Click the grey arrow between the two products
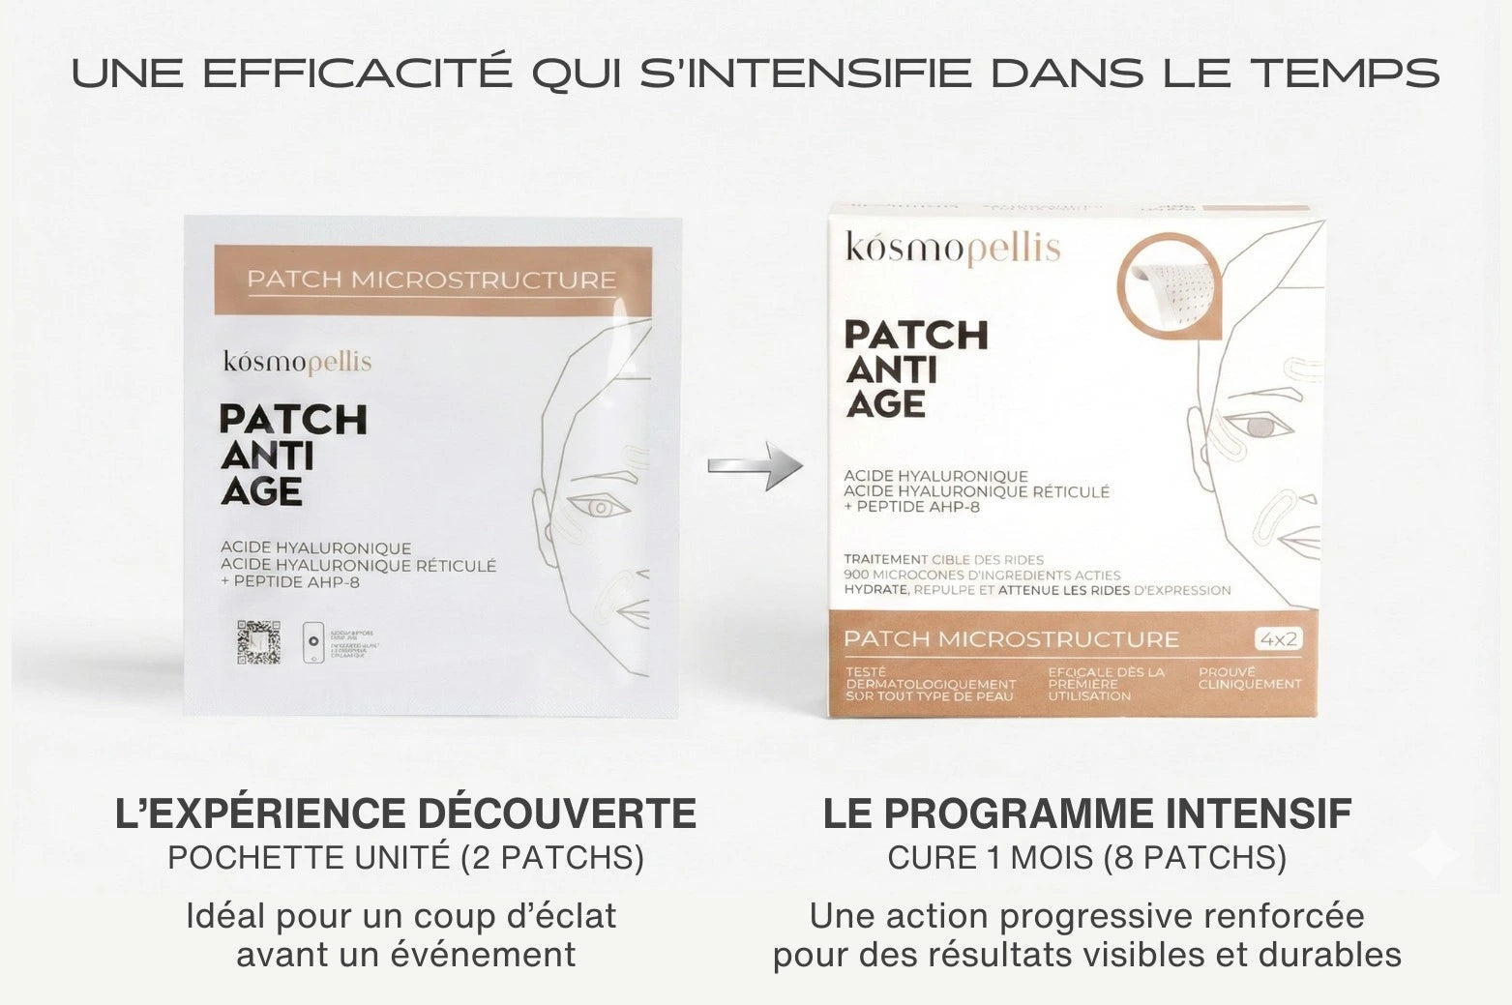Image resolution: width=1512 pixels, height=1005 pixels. point(756,466)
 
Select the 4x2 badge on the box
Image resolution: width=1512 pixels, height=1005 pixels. point(1278,638)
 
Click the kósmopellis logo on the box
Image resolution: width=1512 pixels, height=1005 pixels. point(953,248)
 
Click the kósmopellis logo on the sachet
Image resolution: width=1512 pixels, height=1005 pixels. point(297,362)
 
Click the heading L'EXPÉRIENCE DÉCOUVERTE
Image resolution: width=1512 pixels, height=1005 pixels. point(405,813)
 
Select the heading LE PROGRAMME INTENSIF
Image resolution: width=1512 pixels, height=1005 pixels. point(1086,813)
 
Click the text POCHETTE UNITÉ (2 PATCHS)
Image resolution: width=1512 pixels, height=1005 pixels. point(405,858)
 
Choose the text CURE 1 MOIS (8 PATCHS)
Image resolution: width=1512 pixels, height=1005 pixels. point(1086,858)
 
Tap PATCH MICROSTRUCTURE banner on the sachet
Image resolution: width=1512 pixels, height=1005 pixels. point(431,280)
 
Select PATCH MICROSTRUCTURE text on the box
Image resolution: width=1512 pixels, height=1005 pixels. point(1011,639)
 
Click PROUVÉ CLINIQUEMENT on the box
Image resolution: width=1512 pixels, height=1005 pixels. point(1250,678)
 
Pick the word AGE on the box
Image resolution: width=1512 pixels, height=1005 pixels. point(886,404)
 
